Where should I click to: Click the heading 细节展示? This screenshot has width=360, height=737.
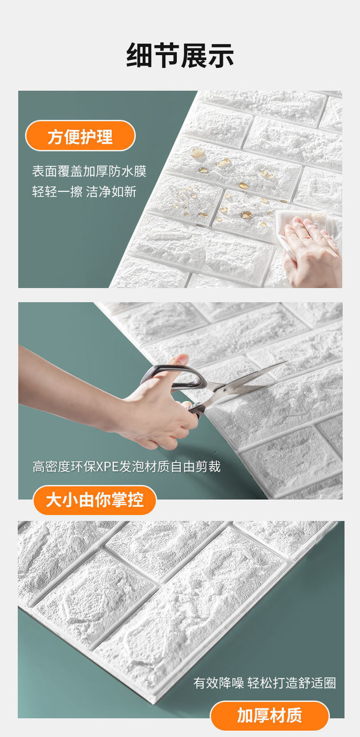click(180, 56)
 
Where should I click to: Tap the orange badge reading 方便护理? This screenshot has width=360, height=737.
click(80, 136)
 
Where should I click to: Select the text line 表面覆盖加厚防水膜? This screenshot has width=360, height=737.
click(89, 171)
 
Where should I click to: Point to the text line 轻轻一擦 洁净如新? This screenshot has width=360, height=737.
click(84, 191)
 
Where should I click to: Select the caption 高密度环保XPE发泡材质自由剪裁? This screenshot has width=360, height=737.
click(126, 466)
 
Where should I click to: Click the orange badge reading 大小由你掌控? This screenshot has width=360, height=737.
click(94, 500)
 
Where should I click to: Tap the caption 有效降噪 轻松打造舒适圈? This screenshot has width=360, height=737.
click(265, 682)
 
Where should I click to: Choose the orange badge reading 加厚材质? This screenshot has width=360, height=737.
click(270, 715)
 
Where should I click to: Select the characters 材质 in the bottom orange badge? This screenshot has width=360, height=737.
click(286, 715)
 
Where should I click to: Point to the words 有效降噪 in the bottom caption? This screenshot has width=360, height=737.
click(218, 682)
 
